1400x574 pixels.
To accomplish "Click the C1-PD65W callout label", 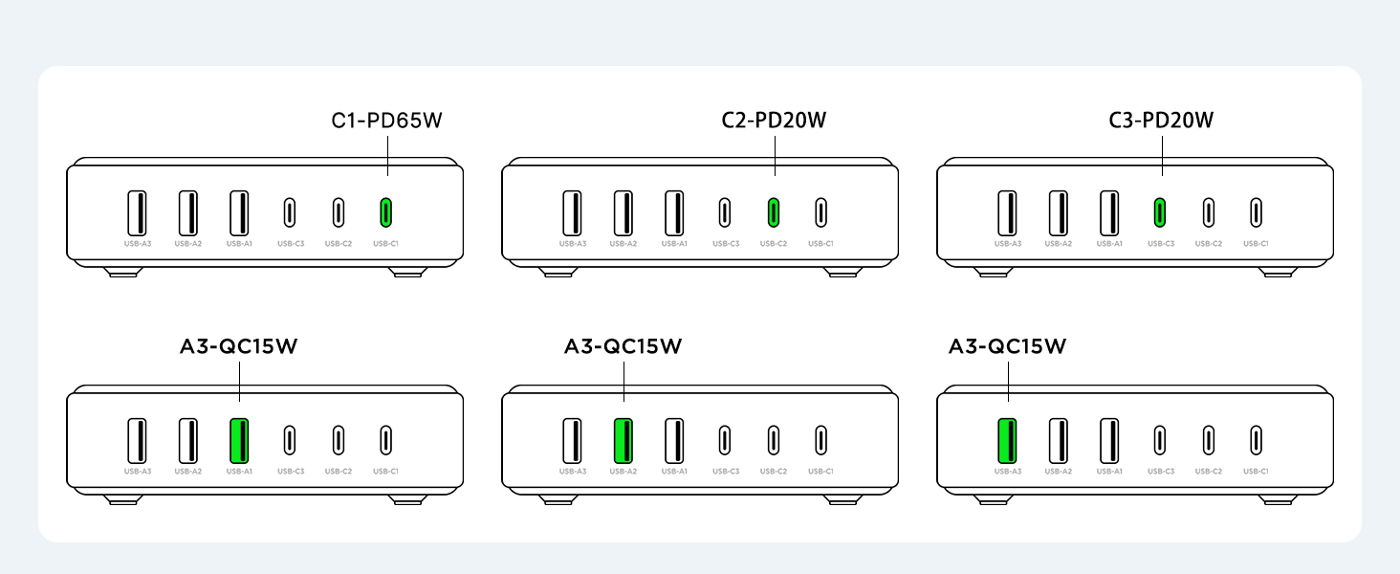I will tap(387, 121).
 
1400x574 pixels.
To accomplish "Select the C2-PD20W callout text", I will tap(774, 121).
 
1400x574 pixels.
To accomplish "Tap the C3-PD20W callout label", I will tap(1161, 121).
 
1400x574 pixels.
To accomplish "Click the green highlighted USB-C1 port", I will tap(385, 211).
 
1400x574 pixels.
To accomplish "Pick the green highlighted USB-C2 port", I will tap(774, 211).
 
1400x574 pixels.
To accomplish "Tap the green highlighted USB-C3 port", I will tap(1159, 211).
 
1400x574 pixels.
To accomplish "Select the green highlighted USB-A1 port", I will tap(239, 439).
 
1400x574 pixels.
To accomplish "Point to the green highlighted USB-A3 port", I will tap(1007, 439).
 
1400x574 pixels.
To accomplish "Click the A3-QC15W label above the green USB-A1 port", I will tap(239, 346).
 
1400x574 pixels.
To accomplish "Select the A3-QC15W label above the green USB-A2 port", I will tap(623, 346).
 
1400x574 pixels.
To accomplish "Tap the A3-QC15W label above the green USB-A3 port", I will tap(1007, 346).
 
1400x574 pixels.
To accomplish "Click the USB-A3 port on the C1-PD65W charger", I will tap(138, 212).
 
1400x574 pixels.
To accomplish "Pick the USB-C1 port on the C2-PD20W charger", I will tap(820, 211).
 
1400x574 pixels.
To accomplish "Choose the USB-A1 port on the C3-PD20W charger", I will tap(1109, 212).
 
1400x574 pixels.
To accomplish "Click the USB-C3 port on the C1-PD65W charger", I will tap(290, 211).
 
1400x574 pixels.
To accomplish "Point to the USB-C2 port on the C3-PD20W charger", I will tap(1209, 211).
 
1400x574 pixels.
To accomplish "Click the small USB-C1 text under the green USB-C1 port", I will tap(385, 244).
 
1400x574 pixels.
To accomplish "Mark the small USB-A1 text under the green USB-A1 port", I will tap(239, 471).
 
